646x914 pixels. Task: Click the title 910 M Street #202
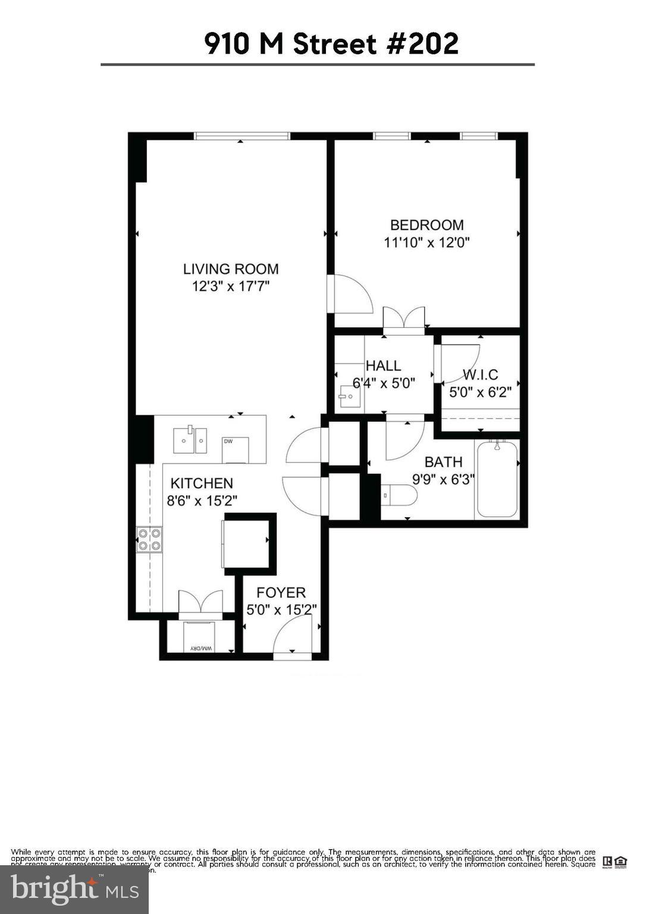[x=331, y=44]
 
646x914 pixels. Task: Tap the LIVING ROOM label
[x=230, y=269]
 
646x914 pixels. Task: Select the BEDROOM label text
[x=427, y=225]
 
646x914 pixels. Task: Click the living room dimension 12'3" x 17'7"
[x=230, y=286]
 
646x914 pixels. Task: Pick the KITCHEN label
[x=202, y=483]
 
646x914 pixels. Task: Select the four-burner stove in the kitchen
[x=149, y=540]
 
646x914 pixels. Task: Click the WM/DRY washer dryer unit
[x=201, y=638]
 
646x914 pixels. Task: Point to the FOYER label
[x=281, y=593]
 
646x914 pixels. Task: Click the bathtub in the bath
[x=497, y=478]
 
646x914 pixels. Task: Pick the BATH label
[x=443, y=462]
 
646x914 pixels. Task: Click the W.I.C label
[x=480, y=375]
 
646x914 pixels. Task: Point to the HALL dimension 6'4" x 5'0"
[x=384, y=383]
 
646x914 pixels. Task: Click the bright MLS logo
[x=74, y=890]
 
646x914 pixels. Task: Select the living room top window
[x=242, y=136]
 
